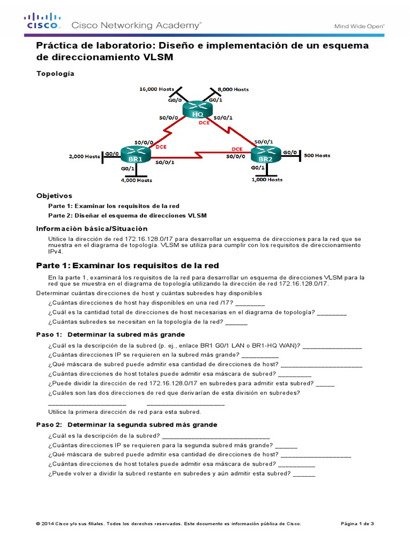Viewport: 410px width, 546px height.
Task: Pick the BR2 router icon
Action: [x=264, y=155]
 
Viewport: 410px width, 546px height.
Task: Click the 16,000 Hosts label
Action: [x=156, y=89]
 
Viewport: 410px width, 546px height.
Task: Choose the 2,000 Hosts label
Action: [x=84, y=156]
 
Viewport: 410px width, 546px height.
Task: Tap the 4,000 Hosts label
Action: [x=137, y=180]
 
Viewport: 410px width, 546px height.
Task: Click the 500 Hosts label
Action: [x=317, y=156]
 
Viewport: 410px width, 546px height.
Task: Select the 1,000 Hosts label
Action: [x=267, y=180]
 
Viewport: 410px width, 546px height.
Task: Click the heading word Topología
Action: [x=55, y=74]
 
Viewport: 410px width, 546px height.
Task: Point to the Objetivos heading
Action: [x=54, y=196]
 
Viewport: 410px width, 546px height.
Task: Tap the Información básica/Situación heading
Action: [x=91, y=228]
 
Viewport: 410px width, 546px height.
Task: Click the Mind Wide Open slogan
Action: [x=359, y=26]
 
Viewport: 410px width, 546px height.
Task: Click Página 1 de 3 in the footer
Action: [x=357, y=524]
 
